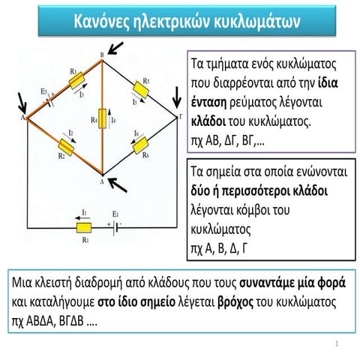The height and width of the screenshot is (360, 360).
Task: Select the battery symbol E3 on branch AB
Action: click(47, 102)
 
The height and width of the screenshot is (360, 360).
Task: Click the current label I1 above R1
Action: click(85, 213)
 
